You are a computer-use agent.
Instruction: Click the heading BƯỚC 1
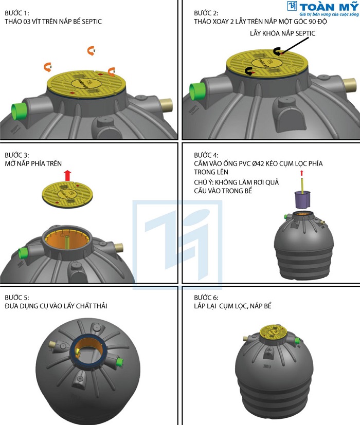tap(16, 13)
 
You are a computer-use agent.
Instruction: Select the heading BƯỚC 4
tap(206, 155)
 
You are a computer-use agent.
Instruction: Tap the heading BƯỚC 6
tap(206, 298)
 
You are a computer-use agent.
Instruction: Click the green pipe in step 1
tap(18, 111)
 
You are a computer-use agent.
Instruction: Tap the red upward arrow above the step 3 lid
tap(67, 176)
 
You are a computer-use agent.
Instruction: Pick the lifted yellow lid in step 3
tap(67, 194)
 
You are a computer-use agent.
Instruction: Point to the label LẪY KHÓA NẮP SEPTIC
tap(282, 33)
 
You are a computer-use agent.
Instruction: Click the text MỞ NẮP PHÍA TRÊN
tap(33, 163)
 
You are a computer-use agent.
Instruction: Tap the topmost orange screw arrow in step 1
tap(91, 51)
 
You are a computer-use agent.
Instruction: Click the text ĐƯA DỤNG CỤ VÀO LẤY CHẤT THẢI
tap(56, 306)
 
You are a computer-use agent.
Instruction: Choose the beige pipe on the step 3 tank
tap(119, 248)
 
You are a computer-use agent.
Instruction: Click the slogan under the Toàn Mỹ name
tap(329, 14)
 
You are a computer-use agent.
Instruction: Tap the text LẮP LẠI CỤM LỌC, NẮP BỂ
tap(232, 306)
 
